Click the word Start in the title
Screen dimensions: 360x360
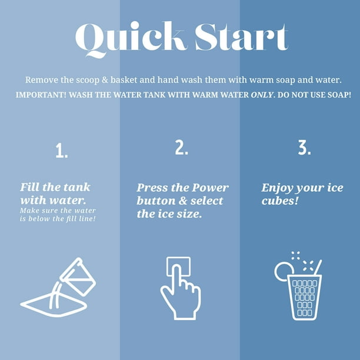(242, 36)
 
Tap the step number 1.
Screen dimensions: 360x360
(62, 151)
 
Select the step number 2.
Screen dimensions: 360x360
(181, 147)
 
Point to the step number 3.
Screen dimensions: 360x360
(305, 147)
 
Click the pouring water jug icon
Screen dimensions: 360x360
(58, 287)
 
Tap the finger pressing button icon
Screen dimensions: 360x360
(181, 288)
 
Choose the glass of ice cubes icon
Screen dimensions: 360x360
(298, 286)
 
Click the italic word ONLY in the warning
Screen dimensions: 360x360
(262, 95)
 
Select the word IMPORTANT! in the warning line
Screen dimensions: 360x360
(41, 95)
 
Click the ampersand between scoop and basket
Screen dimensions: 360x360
(105, 80)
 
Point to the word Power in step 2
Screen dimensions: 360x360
(210, 188)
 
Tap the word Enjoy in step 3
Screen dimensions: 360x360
(277, 188)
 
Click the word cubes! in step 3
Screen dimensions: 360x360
(280, 201)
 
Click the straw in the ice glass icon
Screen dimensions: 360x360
(318, 267)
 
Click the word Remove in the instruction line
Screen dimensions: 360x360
(42, 80)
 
